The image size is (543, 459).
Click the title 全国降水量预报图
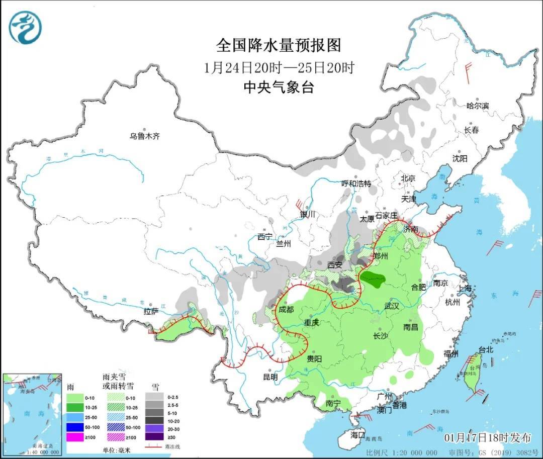click(279, 46)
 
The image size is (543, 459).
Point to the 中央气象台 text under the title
click(279, 87)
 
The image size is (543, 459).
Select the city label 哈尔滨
click(478, 106)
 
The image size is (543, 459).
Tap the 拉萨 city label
click(151, 312)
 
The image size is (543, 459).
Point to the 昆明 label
click(270, 377)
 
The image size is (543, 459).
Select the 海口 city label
click(357, 434)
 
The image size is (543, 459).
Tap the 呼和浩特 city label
click(356, 183)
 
